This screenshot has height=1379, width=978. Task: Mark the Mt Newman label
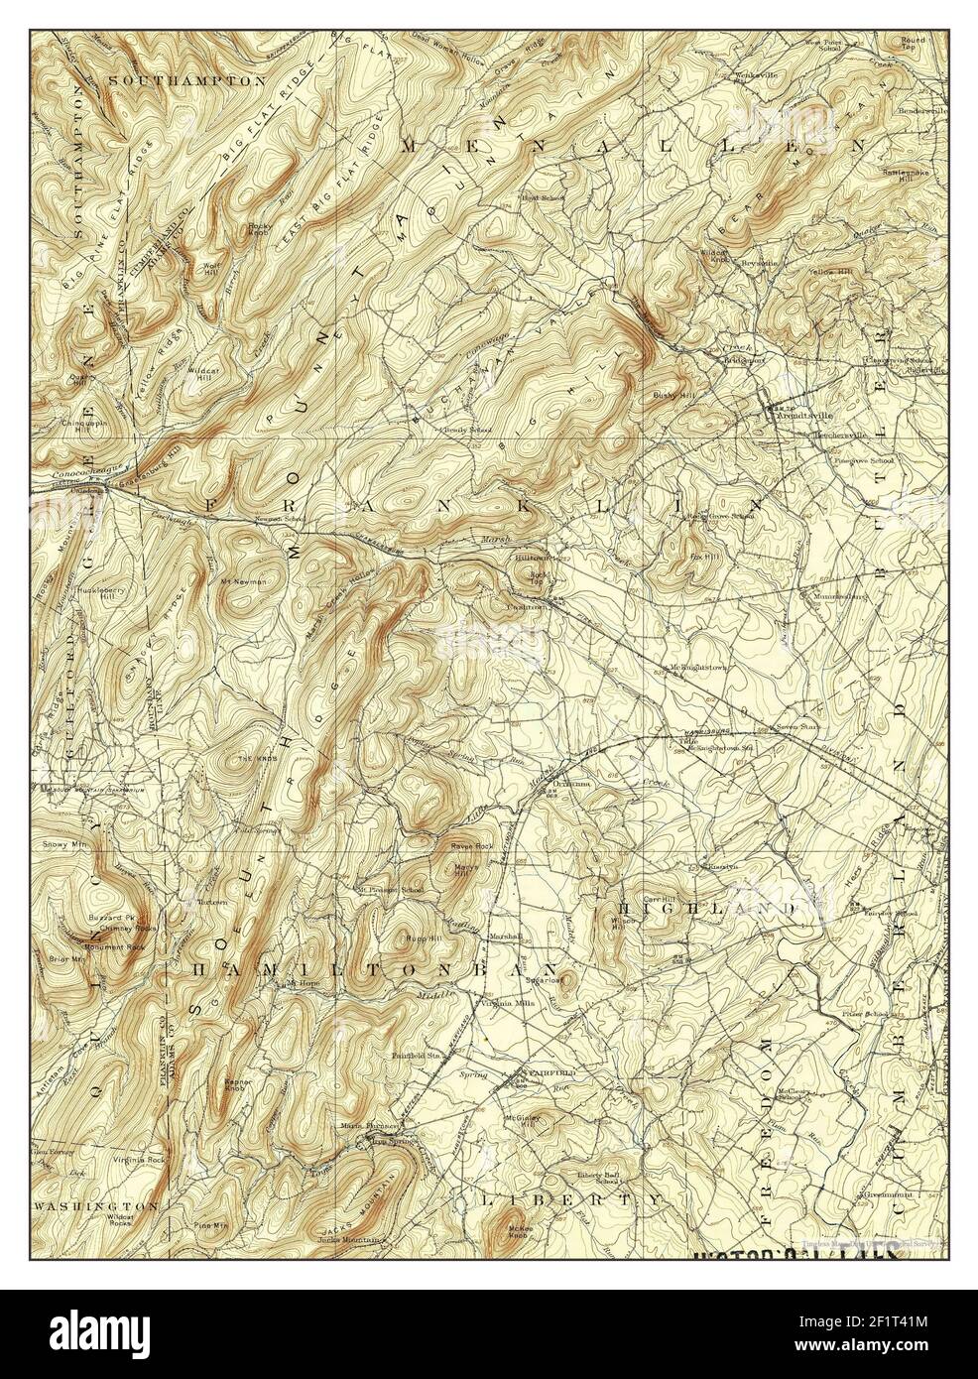pos(243,581)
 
